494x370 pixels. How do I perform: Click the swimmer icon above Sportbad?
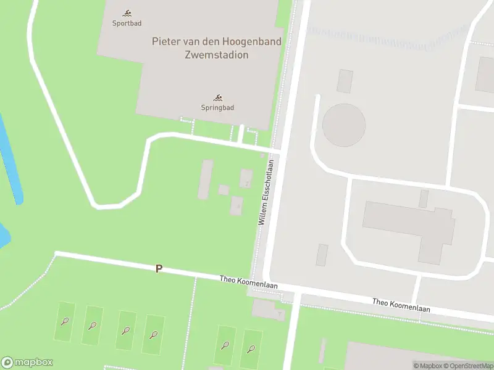(127, 14)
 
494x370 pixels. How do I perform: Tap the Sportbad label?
(127, 23)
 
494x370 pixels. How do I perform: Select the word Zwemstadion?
(216, 54)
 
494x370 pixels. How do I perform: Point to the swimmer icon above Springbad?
(217, 97)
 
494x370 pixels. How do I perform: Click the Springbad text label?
(217, 107)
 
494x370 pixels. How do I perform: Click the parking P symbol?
(159, 269)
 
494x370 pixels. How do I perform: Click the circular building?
(344, 125)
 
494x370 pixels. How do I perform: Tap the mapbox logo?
(27, 363)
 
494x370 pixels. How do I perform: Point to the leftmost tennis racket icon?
(65, 321)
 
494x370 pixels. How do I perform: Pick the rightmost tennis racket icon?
(251, 348)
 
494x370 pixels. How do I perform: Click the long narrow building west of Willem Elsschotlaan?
(206, 179)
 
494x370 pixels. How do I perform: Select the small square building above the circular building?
(345, 81)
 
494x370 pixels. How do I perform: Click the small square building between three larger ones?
(224, 190)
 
